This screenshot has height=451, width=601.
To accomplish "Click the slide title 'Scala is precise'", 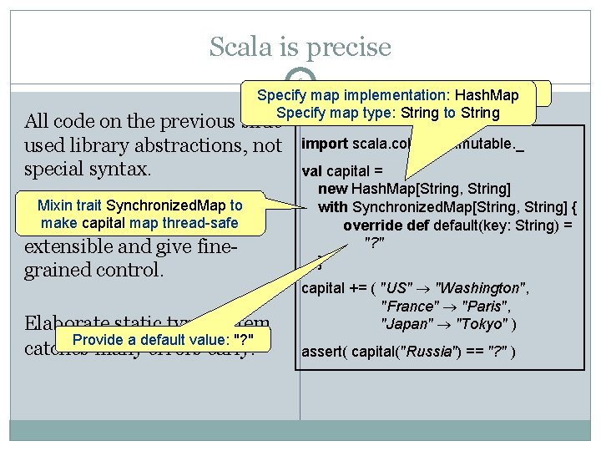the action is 300,47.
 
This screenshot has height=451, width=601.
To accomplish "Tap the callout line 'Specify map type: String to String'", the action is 387,113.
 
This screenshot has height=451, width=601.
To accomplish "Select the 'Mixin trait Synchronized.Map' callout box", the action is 140,214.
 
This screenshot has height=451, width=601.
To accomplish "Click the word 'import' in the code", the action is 325,144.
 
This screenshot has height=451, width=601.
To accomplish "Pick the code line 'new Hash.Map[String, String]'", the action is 414,190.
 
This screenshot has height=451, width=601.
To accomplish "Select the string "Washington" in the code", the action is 477,289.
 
